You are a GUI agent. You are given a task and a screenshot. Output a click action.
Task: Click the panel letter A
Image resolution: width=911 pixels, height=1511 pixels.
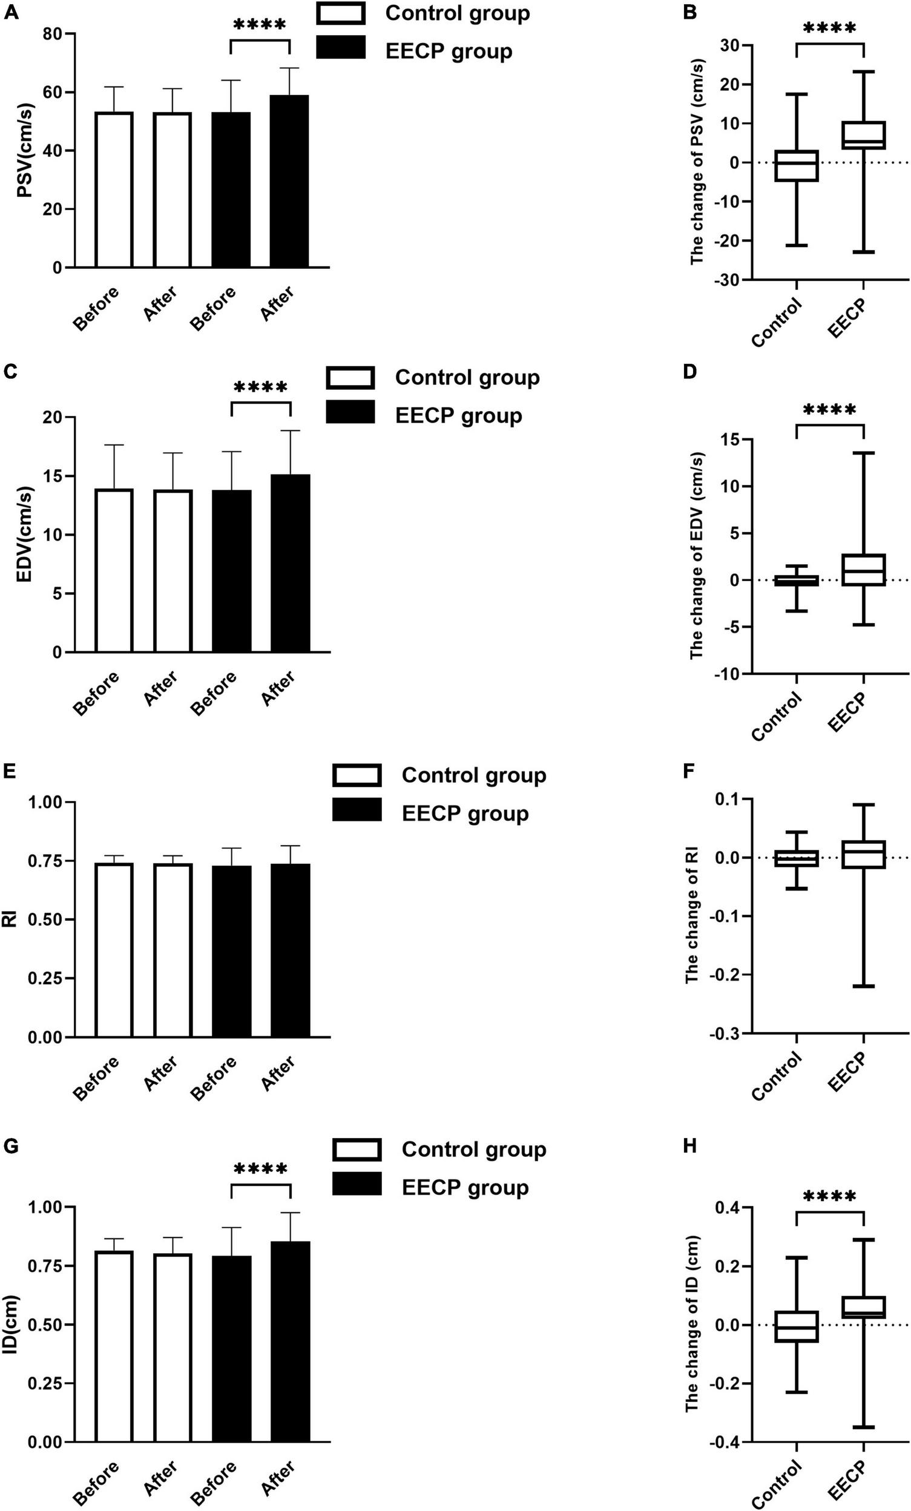point(10,12)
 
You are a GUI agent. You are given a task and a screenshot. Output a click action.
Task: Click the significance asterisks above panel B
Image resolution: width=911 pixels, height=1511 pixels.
point(829,28)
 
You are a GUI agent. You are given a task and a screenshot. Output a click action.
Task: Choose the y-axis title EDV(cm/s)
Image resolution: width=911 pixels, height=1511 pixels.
point(25,535)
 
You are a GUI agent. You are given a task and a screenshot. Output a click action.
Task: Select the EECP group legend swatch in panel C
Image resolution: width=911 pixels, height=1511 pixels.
point(350,413)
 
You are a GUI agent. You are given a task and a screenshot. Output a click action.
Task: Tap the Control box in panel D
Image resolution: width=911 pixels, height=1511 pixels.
point(797,581)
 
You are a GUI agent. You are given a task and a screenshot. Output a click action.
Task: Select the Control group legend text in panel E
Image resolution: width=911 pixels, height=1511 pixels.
point(473,775)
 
